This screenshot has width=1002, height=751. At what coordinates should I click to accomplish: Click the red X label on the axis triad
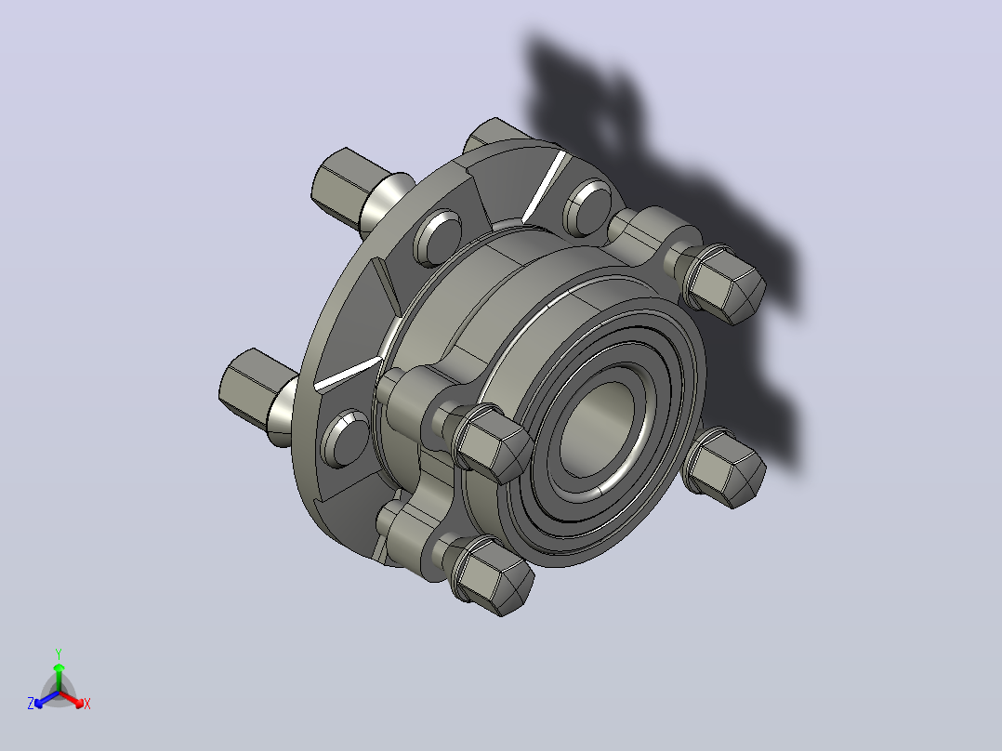[87, 704]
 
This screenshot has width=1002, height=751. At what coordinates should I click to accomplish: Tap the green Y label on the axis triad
[59, 654]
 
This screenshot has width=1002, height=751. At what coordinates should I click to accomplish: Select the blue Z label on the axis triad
[31, 704]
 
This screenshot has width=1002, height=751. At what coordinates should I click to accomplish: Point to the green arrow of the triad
[59, 677]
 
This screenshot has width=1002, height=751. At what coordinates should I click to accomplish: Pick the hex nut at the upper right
[723, 285]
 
